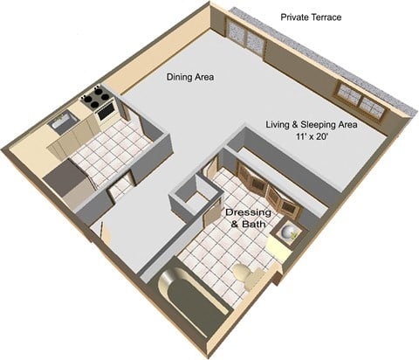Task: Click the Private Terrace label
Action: click(x=311, y=17)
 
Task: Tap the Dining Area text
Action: click(x=191, y=77)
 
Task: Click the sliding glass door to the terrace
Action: click(x=249, y=38)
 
